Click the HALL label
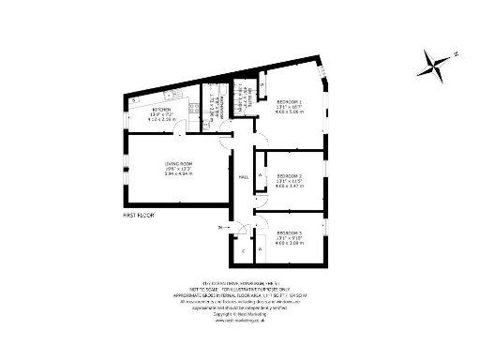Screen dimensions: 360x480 pos(243,175)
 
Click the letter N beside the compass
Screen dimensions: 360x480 pos(456,54)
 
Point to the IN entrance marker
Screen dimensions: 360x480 pos(220,228)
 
